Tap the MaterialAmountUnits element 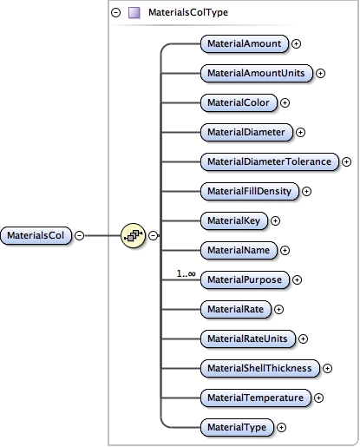[256, 73]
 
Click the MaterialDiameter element [245, 132]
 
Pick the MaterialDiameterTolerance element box [268, 161]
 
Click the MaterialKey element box [233, 220]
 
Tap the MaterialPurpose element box [244, 279]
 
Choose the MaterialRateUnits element [246, 339]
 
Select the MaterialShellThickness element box [259, 368]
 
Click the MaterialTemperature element [255, 398]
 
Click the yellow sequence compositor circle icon [133, 234]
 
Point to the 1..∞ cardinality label [187, 273]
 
